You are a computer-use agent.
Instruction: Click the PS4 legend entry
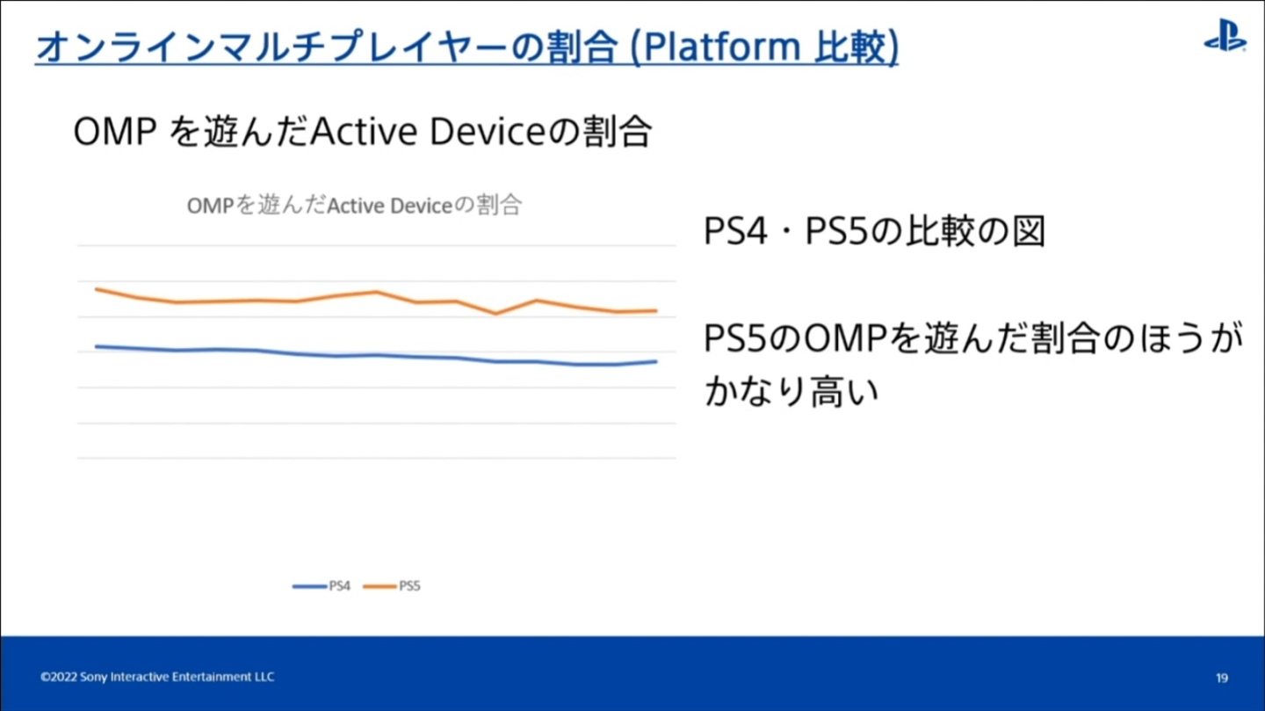tap(322, 586)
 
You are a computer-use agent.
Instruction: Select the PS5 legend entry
tap(393, 586)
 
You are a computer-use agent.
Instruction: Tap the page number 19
tap(1222, 678)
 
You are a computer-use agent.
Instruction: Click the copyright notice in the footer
tap(157, 677)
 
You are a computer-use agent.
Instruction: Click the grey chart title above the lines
tap(354, 206)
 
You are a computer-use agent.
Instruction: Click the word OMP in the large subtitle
tap(115, 132)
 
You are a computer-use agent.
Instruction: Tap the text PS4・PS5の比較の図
tap(874, 232)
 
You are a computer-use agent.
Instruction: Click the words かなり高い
tap(792, 391)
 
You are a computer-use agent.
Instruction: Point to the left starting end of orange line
tap(96, 289)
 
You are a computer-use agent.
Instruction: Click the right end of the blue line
tap(656, 361)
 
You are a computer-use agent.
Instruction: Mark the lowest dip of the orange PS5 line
tap(496, 313)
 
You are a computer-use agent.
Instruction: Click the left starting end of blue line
tap(96, 346)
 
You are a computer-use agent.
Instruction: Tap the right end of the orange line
tap(656, 310)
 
